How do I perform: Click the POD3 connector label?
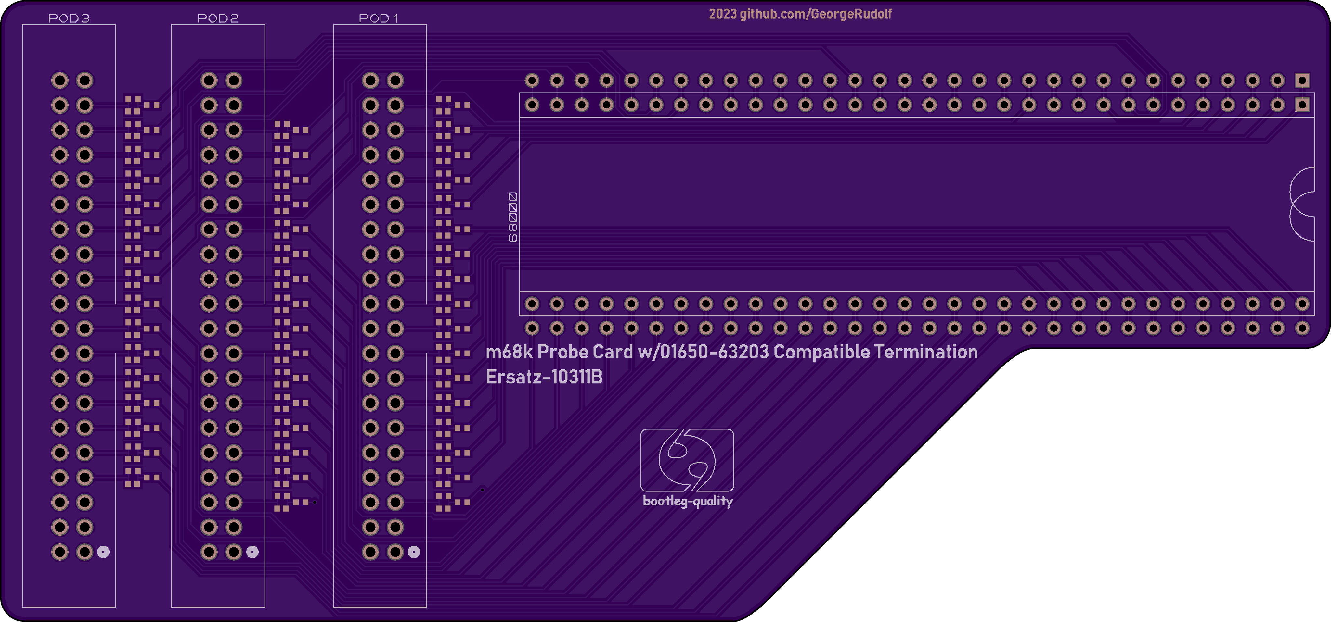[69, 18]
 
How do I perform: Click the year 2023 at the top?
[722, 14]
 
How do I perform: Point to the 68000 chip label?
[512, 217]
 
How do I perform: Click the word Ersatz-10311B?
[544, 377]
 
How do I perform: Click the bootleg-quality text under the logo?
[687, 501]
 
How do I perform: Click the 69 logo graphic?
[687, 459]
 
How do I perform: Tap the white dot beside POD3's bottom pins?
[103, 552]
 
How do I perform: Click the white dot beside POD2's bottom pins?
[252, 552]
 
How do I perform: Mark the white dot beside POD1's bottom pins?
[414, 552]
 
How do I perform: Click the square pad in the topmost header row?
[1302, 80]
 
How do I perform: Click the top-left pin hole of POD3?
[59, 80]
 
